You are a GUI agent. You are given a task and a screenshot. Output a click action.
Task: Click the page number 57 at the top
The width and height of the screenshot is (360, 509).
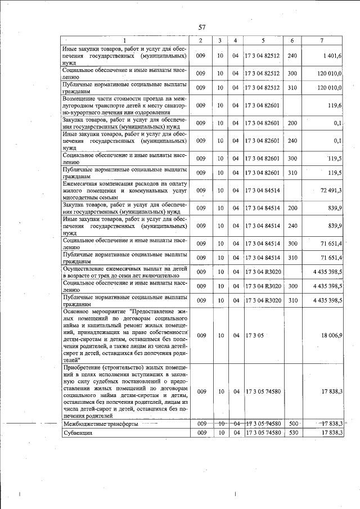click(202, 28)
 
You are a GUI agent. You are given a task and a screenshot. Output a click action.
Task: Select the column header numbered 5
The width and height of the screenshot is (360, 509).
click(263, 41)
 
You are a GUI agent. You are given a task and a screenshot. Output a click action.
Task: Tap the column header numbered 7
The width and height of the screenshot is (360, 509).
click(322, 41)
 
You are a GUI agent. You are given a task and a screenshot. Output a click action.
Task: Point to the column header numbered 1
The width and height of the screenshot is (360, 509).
click(125, 41)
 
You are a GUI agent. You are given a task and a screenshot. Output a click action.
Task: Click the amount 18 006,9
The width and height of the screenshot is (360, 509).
click(331, 335)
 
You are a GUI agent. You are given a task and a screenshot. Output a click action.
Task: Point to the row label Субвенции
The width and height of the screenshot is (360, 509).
click(78, 434)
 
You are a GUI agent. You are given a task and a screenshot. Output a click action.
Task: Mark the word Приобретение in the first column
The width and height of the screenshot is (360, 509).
click(85, 367)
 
